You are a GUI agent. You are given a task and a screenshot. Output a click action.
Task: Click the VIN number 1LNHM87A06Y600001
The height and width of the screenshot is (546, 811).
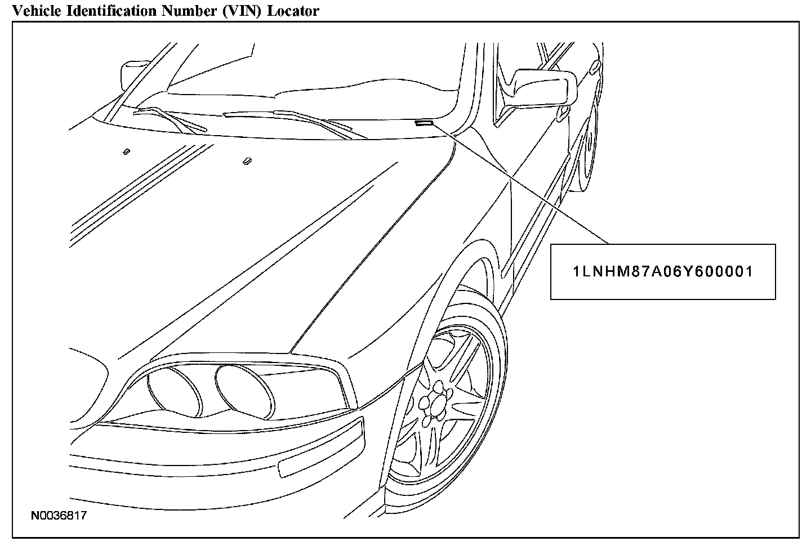click(663, 272)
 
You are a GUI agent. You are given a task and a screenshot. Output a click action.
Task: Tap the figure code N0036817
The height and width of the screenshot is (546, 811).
click(59, 515)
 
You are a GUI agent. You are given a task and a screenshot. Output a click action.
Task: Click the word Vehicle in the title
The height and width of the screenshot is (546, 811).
click(33, 11)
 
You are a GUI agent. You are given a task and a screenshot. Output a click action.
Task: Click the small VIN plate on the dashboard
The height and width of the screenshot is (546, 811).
click(424, 123)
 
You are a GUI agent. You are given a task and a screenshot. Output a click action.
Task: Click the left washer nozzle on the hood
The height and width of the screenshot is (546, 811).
click(126, 151)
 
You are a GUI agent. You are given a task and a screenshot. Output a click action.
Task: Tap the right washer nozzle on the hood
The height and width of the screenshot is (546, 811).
click(247, 161)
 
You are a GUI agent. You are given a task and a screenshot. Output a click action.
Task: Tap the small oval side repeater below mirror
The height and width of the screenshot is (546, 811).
click(562, 114)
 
